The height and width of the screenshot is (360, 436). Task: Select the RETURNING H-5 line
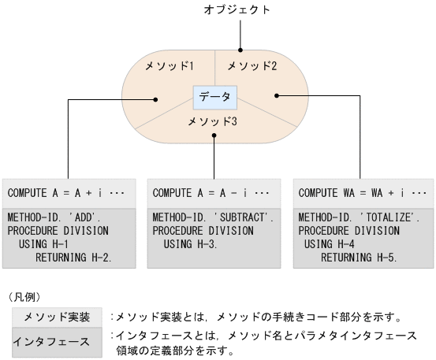click(x=360, y=257)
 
